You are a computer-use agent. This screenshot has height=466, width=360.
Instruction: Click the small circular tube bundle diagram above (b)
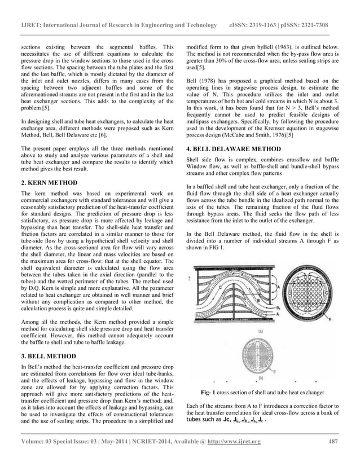(263, 355)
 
